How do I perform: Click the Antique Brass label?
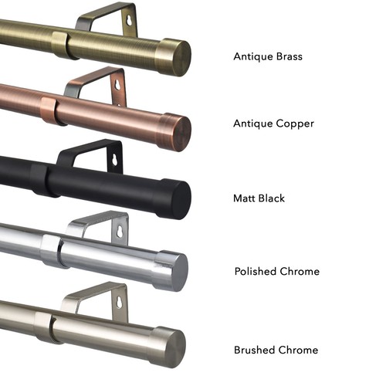click(268, 57)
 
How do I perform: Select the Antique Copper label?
click(273, 124)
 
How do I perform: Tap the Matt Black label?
click(259, 198)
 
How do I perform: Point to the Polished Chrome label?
click(277, 271)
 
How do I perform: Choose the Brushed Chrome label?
click(276, 350)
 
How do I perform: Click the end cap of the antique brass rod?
click(174, 57)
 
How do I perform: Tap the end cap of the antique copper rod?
click(175, 132)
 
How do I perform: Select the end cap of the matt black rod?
click(174, 199)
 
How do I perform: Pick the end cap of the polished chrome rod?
click(171, 271)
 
